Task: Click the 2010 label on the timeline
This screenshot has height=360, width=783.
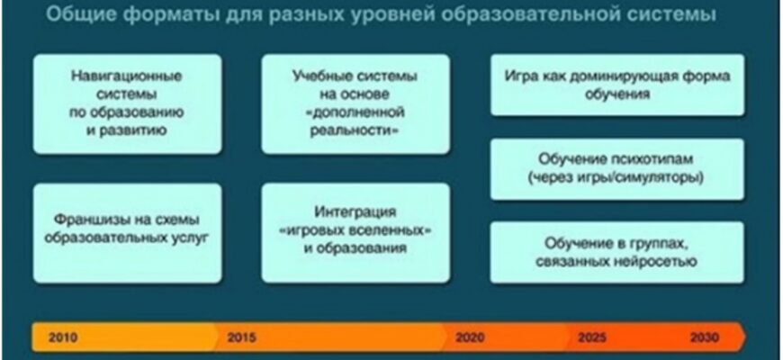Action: coord(63,337)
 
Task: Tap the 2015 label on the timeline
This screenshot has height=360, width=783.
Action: coord(242,337)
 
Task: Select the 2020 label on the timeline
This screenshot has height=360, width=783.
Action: coord(470,337)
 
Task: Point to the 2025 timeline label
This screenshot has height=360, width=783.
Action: coord(592,337)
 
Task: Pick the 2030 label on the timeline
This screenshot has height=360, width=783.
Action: coord(705,337)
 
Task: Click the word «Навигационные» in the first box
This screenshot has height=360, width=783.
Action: coord(127,76)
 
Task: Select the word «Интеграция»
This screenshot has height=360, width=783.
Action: coord(355,212)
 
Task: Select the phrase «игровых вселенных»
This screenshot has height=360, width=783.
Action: coord(355,230)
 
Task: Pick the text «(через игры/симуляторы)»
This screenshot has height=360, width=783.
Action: coord(616,178)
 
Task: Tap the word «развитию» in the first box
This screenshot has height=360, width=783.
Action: coord(131,130)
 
